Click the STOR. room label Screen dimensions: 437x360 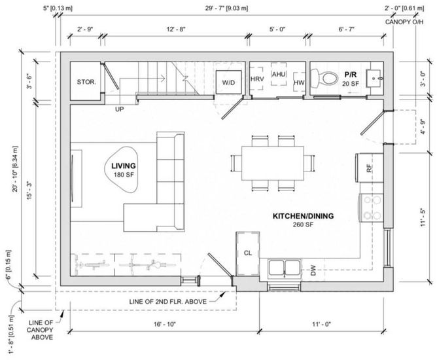point(86,82)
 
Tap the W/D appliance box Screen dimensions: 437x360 point(228,82)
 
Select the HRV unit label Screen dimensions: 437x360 point(257,79)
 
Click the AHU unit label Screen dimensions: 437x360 point(279,74)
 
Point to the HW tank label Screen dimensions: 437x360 point(299,82)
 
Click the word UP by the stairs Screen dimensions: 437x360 point(120,109)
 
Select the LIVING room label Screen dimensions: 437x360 point(124,166)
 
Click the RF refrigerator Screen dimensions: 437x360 point(369,168)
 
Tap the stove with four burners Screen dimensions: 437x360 point(372,207)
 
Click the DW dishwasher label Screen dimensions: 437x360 point(313,270)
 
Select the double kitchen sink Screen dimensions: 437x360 point(285,269)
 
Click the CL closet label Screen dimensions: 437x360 point(248,253)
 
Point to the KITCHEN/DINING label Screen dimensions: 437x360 point(303,216)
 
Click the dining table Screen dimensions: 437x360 point(273,164)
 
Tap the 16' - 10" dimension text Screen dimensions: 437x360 point(165,324)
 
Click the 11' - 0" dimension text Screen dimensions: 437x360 point(321,324)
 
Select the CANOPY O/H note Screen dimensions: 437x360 point(404,22)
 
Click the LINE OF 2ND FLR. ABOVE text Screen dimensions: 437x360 point(167,302)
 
